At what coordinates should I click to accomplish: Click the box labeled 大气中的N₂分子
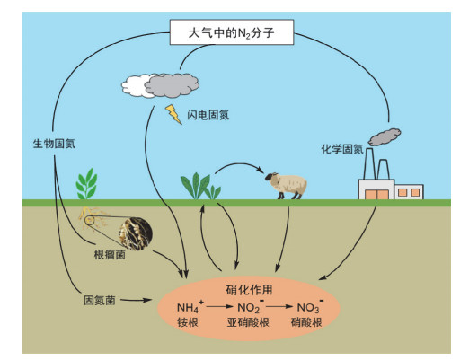coord(232,32)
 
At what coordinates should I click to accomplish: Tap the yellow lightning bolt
coord(173,114)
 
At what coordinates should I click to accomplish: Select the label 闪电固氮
coord(208,115)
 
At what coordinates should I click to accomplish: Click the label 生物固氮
coord(54,144)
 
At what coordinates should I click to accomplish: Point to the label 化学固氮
coord(342,149)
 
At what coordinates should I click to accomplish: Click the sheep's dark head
coord(271,177)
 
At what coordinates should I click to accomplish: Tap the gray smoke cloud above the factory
coord(385,136)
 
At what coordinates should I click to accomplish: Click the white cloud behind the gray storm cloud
coord(136,86)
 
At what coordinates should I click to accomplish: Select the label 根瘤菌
coord(110,255)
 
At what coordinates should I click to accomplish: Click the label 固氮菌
coord(100,300)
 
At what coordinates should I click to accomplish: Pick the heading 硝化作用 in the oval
coord(249,290)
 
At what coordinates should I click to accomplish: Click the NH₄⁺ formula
coord(190,306)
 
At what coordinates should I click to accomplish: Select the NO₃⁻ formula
coord(310,306)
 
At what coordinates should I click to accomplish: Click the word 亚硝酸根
coord(248,322)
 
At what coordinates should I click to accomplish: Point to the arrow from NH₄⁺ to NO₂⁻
coord(219,306)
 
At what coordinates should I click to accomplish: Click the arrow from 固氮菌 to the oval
coord(136,300)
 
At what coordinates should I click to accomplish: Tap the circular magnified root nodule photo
coord(136,233)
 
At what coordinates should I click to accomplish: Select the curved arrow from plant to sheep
coord(240,164)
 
